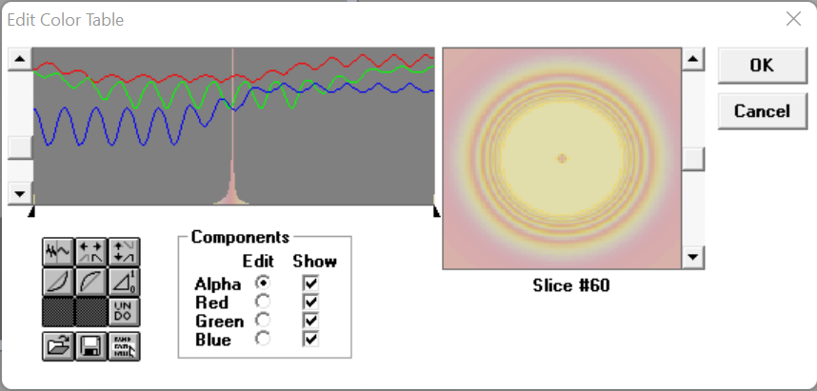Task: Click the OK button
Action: [762, 65]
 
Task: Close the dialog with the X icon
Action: [793, 19]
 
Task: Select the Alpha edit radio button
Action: [263, 283]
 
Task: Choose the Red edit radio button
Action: [263, 302]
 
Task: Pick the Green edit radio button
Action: [263, 321]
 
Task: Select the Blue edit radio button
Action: [263, 339]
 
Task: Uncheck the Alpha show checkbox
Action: [310, 283]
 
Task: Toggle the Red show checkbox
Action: [310, 302]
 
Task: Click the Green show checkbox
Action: [310, 321]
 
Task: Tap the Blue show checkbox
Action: [310, 340]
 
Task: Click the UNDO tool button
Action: [124, 312]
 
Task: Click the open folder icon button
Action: [58, 345]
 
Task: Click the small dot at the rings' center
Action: [562, 158]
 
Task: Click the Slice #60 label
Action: [571, 285]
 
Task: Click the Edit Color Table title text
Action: [66, 20]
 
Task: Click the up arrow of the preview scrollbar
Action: [693, 59]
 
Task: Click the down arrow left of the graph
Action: [20, 194]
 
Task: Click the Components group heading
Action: [240, 238]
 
